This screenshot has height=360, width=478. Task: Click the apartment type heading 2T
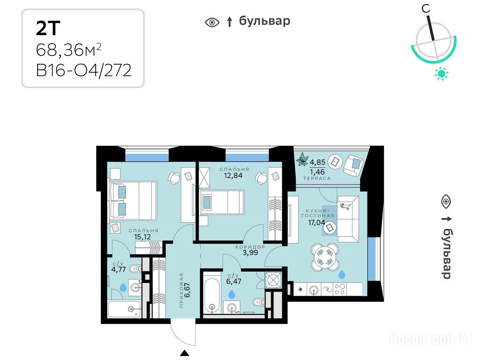(48, 28)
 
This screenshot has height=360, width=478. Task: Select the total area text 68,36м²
(68, 50)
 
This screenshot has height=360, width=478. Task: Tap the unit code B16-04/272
(84, 70)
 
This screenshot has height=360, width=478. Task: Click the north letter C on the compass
(426, 9)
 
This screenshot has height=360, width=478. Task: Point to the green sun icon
(441, 74)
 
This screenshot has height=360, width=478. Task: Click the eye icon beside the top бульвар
(212, 22)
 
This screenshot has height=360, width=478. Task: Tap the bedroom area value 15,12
(142, 237)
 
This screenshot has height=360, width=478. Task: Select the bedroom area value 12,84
(233, 175)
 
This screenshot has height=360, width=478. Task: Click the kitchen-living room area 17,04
(317, 223)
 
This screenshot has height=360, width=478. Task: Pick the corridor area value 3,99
(250, 253)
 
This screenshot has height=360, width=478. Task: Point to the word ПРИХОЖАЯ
(182, 290)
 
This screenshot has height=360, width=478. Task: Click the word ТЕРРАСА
(317, 179)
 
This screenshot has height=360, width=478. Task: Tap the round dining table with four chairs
(325, 257)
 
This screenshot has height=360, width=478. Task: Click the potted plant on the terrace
(303, 159)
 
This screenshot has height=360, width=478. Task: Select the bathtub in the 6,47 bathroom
(212, 295)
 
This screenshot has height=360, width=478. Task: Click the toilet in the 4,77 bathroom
(135, 269)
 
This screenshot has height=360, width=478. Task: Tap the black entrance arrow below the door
(184, 353)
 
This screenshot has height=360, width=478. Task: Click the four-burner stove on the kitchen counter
(340, 289)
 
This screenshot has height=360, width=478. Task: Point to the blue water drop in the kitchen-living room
(342, 274)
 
